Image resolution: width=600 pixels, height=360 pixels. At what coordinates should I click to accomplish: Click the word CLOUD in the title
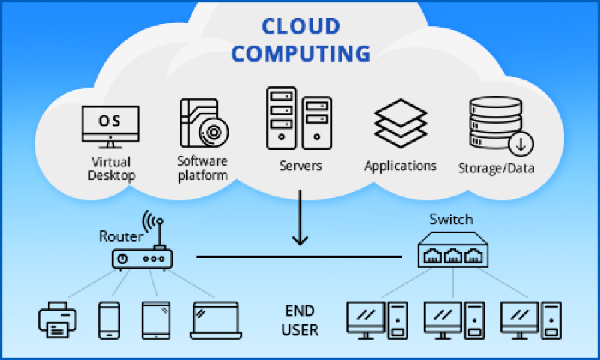click(x=300, y=26)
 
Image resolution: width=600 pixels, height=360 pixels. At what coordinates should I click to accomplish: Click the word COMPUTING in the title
click(x=300, y=54)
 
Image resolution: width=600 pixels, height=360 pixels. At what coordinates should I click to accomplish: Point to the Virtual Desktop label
click(x=111, y=169)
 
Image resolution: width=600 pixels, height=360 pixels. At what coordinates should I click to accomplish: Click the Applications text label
click(x=400, y=166)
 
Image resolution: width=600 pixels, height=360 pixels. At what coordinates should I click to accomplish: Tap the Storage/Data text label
click(x=496, y=169)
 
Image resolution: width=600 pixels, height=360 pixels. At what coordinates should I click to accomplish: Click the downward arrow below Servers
click(x=300, y=217)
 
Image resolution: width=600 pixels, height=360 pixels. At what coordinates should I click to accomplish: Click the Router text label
click(x=120, y=235)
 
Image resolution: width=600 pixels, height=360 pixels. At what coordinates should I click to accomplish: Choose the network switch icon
click(x=451, y=250)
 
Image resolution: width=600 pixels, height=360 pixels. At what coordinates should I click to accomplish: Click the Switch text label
click(x=451, y=220)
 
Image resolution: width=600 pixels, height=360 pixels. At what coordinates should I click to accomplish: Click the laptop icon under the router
click(x=215, y=319)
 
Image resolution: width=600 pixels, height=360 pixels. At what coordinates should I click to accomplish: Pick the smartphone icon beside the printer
click(x=109, y=319)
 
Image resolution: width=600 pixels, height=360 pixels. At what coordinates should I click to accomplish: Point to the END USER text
click(x=301, y=319)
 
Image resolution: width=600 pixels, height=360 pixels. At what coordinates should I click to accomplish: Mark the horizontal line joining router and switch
click(x=300, y=256)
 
